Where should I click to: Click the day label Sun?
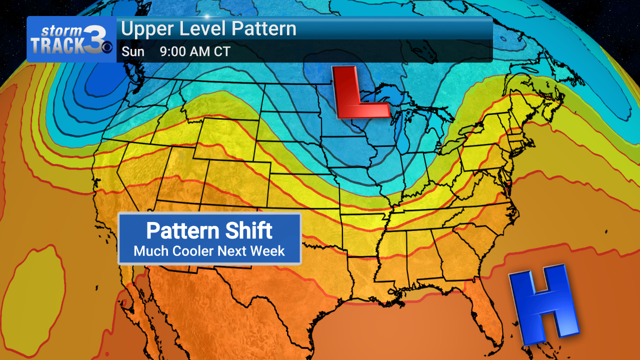pyautogui.click(x=133, y=51)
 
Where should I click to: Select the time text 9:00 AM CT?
pyautogui.click(x=195, y=51)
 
